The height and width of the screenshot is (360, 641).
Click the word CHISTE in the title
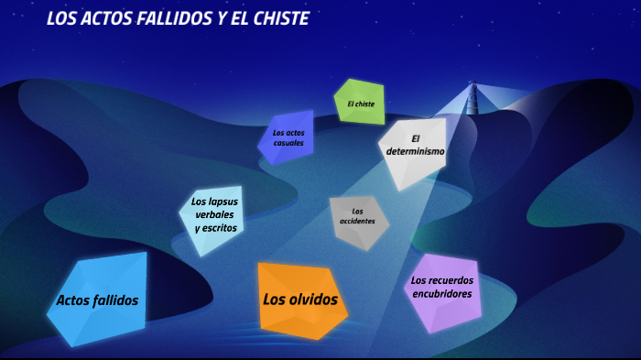tap(277, 18)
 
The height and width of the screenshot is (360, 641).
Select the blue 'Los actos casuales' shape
tap(288, 137)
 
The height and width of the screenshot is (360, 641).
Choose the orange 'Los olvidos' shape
tap(300, 300)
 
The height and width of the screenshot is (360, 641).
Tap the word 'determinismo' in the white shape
tap(415, 151)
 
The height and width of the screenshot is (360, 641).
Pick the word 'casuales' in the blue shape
tap(288, 143)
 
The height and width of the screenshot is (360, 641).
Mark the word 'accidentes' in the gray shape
tap(357, 222)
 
